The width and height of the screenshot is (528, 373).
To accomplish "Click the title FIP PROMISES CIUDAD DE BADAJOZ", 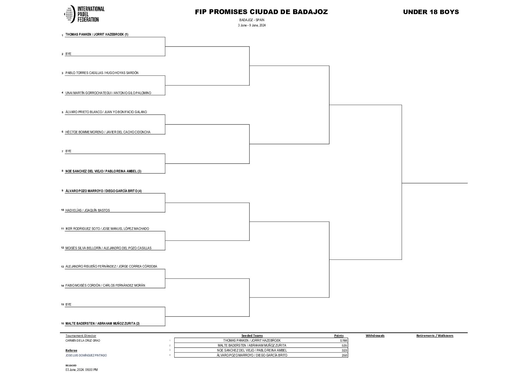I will (x=261, y=12).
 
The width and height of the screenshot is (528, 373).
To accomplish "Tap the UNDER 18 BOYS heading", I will (x=431, y=12).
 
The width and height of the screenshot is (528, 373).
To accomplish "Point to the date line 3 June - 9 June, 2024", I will (x=251, y=25).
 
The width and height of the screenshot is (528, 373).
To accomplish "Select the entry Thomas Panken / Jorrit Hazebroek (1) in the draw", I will (x=97, y=35).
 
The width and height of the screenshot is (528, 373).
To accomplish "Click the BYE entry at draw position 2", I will (x=68, y=54).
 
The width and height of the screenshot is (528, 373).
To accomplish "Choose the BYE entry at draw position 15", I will (x=68, y=304).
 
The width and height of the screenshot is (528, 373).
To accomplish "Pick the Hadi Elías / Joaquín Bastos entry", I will (x=87, y=210).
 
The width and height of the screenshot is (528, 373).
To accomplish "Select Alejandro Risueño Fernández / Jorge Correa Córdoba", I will (x=111, y=267).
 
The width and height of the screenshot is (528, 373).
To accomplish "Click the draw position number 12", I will (x=62, y=248).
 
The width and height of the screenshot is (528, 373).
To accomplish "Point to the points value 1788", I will (x=344, y=341).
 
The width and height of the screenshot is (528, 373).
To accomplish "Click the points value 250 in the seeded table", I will (x=345, y=355).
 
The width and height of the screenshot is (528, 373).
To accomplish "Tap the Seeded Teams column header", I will (x=252, y=336).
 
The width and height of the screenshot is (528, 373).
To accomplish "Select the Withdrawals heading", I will (x=375, y=336).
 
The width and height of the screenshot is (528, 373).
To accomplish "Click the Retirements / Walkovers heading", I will (x=435, y=336).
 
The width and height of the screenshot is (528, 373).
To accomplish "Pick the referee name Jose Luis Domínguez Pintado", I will (x=86, y=355).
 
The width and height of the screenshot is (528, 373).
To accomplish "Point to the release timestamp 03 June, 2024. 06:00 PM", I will (x=81, y=369).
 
